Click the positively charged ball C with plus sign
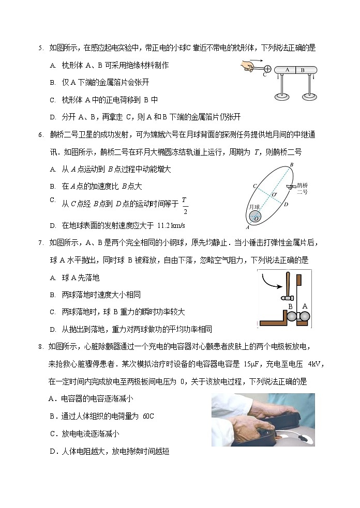267,69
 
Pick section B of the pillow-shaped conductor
303,70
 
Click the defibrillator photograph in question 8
263,420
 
